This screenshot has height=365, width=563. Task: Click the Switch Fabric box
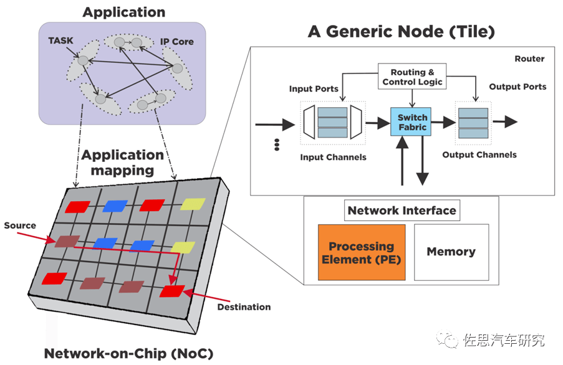point(411,122)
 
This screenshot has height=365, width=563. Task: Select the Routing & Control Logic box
point(412,77)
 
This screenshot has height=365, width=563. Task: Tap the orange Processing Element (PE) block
point(362,252)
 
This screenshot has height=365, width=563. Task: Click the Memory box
point(451,252)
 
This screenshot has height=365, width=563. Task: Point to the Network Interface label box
point(402,211)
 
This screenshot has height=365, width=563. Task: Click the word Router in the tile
point(529,59)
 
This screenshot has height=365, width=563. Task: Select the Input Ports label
point(314,89)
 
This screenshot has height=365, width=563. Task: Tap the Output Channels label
point(479,155)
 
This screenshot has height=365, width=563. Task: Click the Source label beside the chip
point(20,225)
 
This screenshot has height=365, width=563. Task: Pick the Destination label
point(244,307)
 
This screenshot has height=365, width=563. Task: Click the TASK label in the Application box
point(60,41)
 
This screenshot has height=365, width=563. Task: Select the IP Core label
point(176,42)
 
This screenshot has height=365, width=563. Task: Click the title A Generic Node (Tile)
point(401,32)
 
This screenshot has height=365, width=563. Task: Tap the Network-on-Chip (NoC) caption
point(128,354)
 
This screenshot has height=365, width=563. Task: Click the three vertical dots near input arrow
point(277,145)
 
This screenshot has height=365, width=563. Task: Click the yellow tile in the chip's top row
point(193,204)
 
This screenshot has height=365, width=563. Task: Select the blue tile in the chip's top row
point(115,206)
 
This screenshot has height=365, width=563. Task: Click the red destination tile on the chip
point(172,291)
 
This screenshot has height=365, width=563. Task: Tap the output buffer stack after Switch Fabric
point(473,123)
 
